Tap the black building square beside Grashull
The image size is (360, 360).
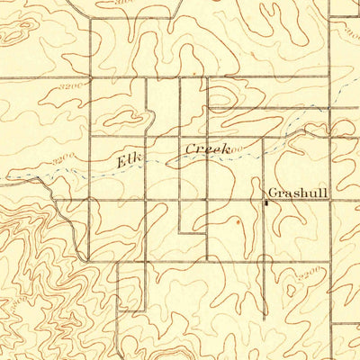(x=265, y=202)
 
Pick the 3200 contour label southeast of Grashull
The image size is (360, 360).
(x=310, y=270)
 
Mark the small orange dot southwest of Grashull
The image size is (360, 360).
(x=238, y=220)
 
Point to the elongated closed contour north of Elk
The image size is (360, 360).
(x=121, y=119)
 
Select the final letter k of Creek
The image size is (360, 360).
(x=220, y=147)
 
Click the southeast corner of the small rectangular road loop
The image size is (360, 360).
(x=207, y=232)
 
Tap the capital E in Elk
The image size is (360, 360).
(x=121, y=162)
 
